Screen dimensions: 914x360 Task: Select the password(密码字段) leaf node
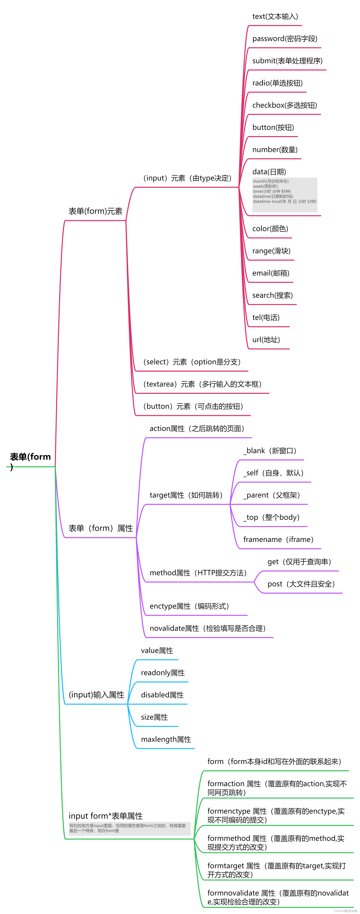[285, 39]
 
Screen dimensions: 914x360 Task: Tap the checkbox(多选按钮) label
[285, 105]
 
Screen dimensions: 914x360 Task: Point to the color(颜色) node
[270, 229]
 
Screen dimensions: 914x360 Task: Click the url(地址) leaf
[266, 340]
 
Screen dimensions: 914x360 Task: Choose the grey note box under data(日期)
[285, 195]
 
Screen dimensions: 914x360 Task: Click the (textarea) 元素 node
[202, 384]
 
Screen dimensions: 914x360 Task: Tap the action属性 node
[197, 429]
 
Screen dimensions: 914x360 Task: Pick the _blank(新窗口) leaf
[270, 451]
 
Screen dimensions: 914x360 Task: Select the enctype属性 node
[189, 606]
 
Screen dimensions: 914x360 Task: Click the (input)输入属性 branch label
[96, 695]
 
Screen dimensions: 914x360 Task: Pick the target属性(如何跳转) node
[186, 495]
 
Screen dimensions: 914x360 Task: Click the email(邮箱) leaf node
[271, 273]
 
